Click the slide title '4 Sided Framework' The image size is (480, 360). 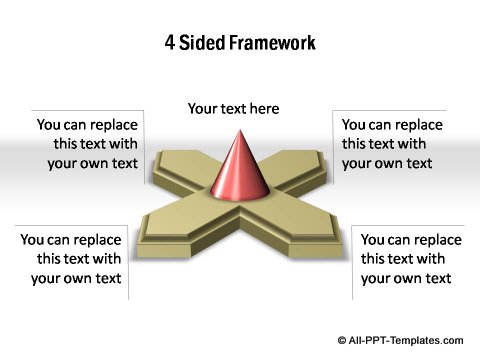click(x=239, y=43)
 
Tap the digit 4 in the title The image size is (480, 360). click(x=169, y=43)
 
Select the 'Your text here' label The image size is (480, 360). click(x=233, y=108)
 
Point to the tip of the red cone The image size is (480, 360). click(x=239, y=131)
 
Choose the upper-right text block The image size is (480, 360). click(x=390, y=144)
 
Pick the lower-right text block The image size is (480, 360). click(x=410, y=259)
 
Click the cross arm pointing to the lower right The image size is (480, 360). click(x=300, y=230)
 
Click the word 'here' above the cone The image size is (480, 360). click(x=263, y=108)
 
